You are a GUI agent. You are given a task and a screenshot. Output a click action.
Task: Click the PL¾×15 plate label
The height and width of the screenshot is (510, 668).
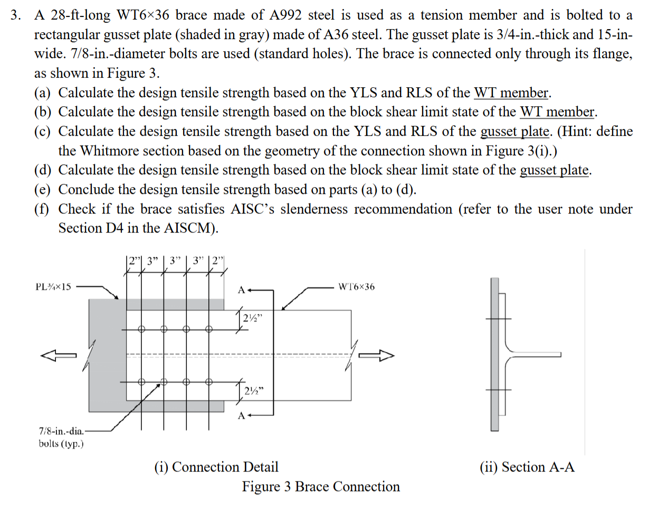click(53, 287)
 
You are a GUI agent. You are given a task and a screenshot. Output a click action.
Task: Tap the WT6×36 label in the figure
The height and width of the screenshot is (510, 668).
click(356, 287)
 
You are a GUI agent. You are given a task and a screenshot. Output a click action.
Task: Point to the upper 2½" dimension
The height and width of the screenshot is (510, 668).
click(252, 318)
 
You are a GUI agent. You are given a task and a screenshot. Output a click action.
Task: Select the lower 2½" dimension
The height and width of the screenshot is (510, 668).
click(254, 391)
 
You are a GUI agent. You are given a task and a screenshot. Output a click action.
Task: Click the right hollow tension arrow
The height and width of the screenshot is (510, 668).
click(376, 355)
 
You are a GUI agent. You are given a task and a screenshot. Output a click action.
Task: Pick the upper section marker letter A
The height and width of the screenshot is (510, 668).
click(241, 290)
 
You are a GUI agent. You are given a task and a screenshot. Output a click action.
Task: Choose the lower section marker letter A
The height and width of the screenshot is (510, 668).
click(241, 415)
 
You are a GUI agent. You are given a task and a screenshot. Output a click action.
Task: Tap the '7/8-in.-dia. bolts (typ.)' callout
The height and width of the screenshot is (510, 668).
click(61, 437)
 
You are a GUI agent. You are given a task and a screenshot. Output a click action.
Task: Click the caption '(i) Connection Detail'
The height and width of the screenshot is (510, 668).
click(216, 467)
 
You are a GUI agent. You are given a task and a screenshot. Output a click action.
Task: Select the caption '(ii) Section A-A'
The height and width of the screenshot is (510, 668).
click(527, 467)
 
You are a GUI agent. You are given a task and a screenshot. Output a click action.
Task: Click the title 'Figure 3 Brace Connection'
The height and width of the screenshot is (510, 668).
click(321, 487)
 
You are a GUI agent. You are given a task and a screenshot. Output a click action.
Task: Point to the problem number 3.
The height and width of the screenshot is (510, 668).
click(15, 15)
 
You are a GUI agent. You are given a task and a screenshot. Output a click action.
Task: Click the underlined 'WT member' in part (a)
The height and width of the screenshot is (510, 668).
click(511, 92)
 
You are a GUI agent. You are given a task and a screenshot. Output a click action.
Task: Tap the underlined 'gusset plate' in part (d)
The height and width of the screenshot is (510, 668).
click(554, 170)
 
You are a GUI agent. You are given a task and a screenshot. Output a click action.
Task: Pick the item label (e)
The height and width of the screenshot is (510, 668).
click(42, 189)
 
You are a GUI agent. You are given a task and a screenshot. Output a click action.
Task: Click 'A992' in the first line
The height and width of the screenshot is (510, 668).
click(285, 15)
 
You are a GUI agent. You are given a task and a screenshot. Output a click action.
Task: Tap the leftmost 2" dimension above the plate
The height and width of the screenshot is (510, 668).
click(135, 261)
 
